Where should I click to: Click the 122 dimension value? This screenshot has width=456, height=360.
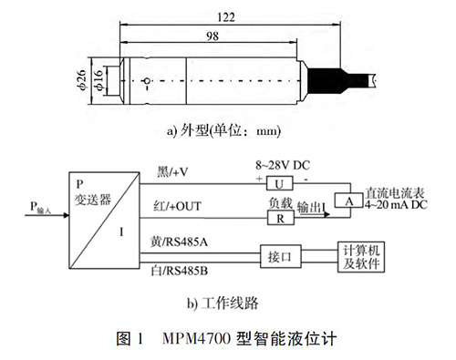226,17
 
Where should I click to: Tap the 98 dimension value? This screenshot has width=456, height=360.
212,36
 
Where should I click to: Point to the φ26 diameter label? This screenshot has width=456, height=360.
82,80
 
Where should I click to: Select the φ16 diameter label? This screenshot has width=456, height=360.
99,80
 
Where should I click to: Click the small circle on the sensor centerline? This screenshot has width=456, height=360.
147,81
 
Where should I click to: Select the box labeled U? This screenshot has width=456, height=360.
280,183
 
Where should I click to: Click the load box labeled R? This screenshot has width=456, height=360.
281,218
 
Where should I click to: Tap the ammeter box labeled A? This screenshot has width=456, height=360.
348,201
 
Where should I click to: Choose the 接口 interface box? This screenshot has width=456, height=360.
281,257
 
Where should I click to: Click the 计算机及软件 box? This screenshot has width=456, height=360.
361,257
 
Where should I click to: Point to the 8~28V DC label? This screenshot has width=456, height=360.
283,166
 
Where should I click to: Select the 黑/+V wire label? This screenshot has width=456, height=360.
172,172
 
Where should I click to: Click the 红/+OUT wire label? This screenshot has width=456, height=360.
177,207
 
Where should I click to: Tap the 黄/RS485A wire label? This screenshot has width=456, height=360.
179,242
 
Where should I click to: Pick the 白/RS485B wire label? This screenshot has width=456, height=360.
180,271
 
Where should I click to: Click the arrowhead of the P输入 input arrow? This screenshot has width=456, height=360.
67,215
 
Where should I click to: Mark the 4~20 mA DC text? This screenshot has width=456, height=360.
396,205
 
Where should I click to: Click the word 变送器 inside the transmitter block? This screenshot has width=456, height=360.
93,200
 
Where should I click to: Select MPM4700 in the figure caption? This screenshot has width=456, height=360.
197,339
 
